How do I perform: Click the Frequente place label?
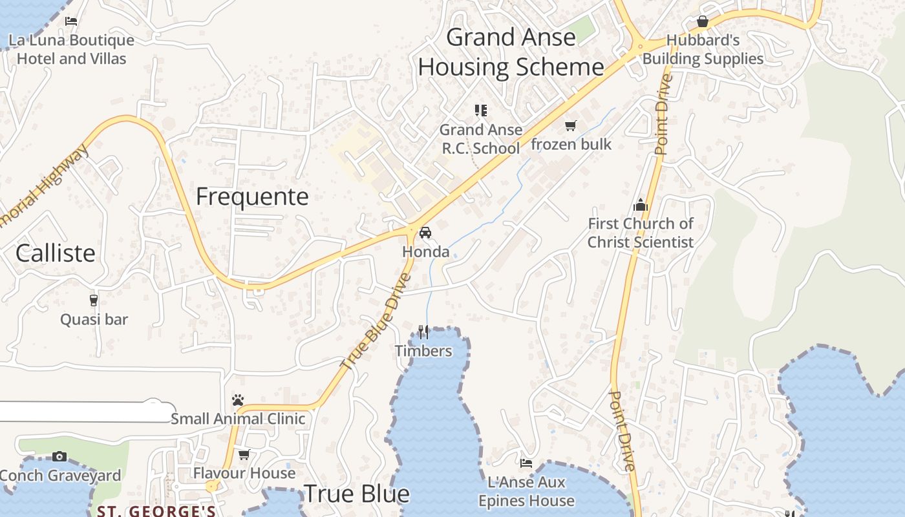(252, 196)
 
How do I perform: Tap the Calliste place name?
(56, 253)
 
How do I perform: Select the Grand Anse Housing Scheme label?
(511, 52)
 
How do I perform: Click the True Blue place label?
(356, 494)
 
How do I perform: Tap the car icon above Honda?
(425, 233)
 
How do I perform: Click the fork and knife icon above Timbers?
(423, 332)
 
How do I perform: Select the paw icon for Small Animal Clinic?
(238, 400)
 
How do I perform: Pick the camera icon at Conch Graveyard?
(59, 457)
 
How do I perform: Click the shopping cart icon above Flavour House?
(244, 454)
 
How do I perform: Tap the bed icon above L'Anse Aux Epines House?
(526, 463)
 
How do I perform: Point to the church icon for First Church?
(641, 206)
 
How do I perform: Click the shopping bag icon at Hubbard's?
(703, 22)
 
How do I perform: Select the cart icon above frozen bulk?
(570, 125)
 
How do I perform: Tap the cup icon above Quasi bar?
(94, 300)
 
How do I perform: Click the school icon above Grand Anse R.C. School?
(480, 111)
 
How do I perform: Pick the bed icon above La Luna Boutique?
(71, 21)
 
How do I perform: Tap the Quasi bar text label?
(94, 319)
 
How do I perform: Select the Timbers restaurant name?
(423, 351)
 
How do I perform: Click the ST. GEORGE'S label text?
(156, 511)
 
